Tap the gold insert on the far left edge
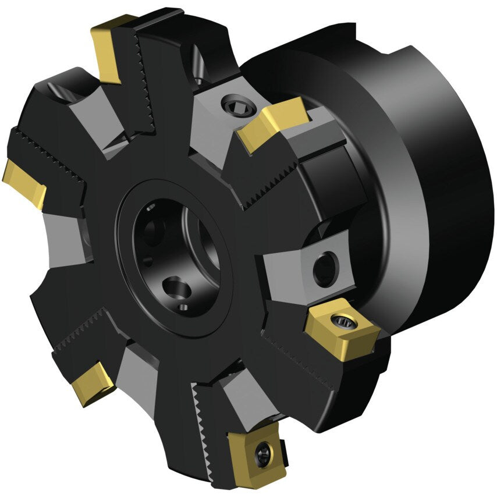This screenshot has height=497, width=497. point(24,183)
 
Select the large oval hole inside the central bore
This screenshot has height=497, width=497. point(175,286)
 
